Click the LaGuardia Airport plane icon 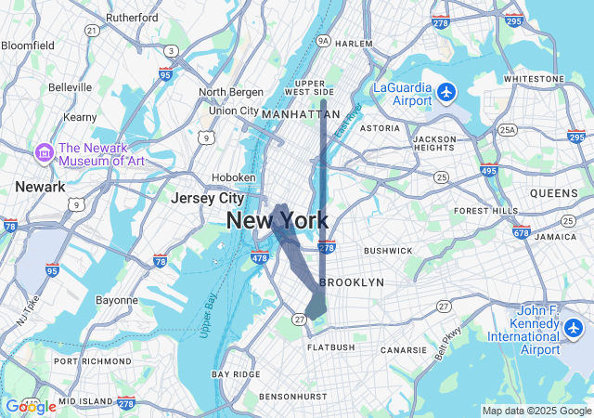point(447,92)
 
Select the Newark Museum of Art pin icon point(43,152)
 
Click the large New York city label point(277,220)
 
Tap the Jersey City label point(207,198)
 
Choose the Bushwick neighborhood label point(388,251)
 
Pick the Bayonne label point(116,300)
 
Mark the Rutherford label point(132,18)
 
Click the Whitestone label point(534,79)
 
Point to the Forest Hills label point(485,211)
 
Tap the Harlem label point(353,44)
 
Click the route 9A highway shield point(322,41)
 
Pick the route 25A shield point(507,131)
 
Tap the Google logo point(31,406)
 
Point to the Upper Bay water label point(207,315)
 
